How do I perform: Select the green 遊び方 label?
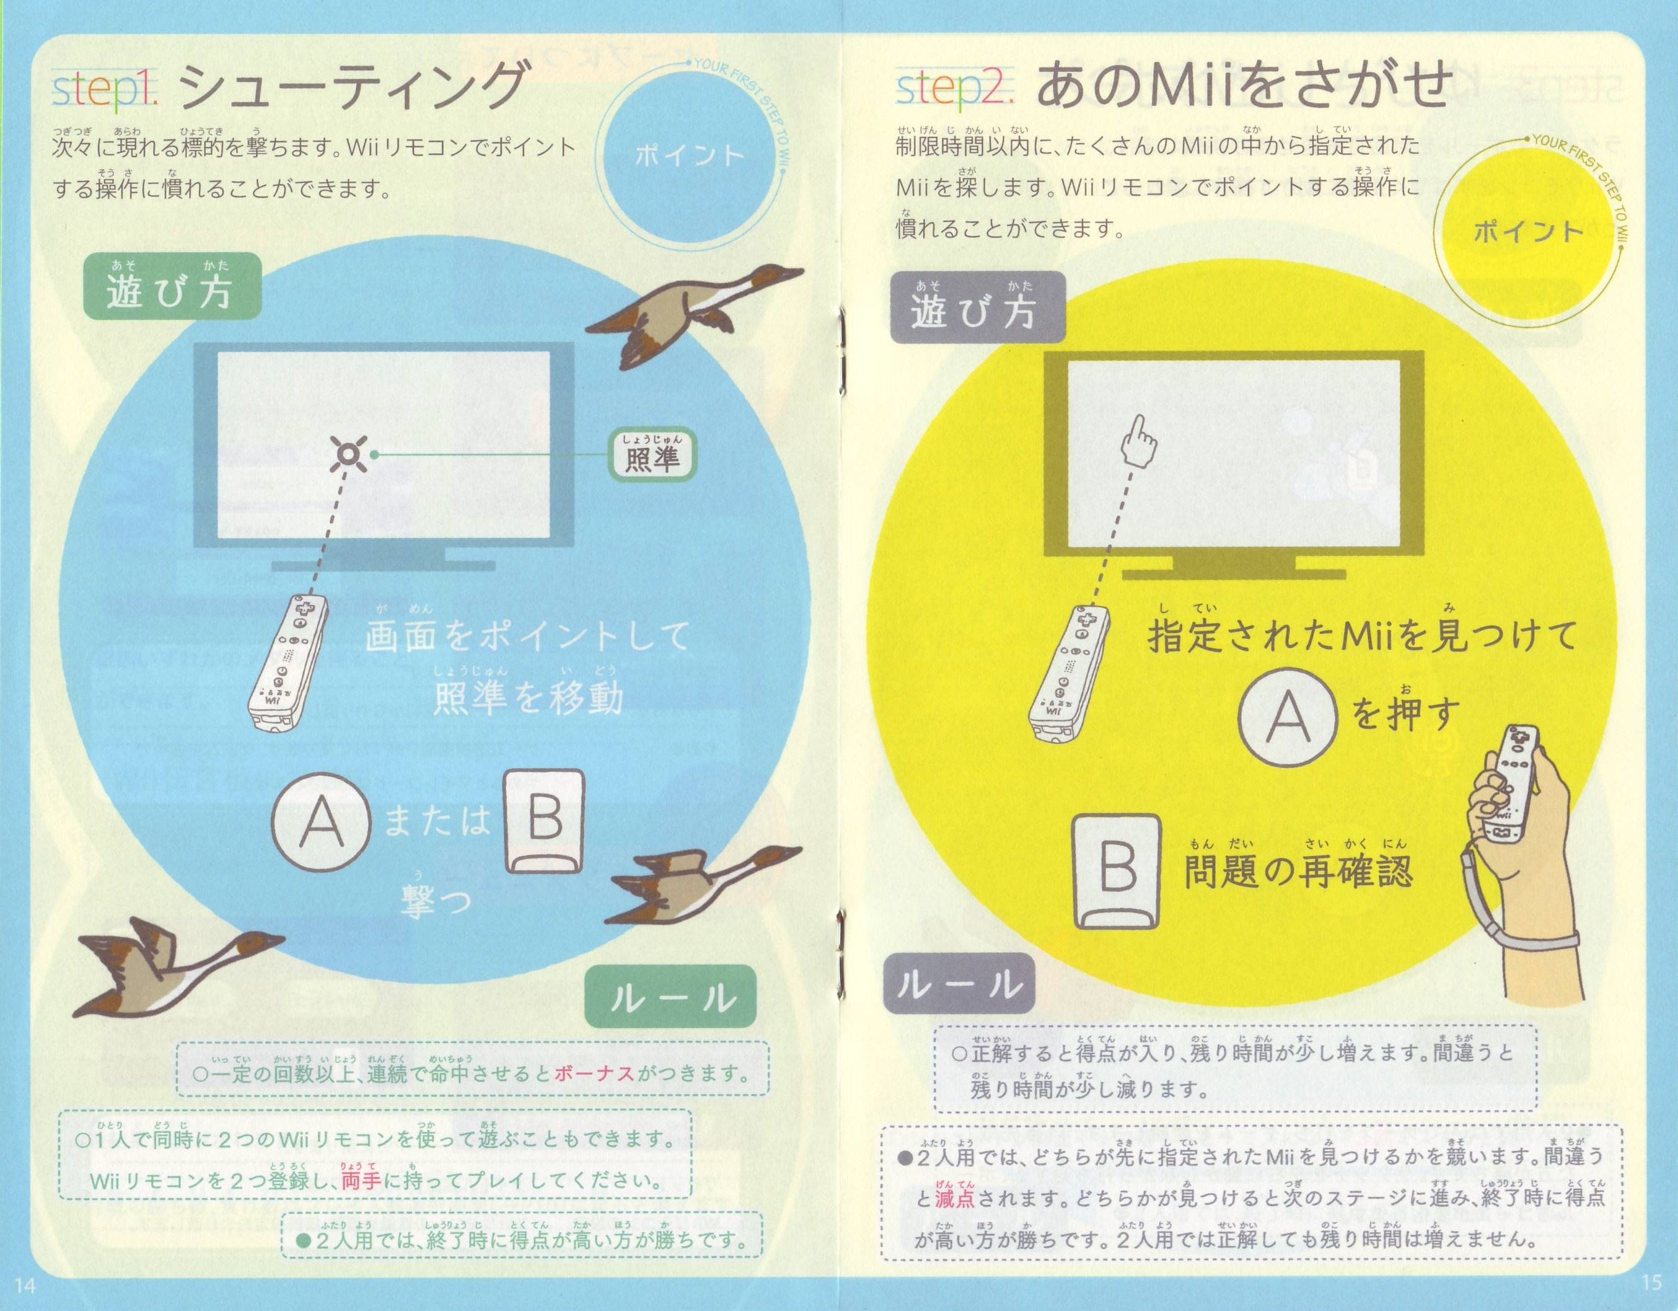(x=172, y=286)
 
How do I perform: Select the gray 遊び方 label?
(x=977, y=307)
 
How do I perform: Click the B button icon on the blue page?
(x=544, y=821)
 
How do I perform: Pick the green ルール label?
(x=670, y=997)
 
